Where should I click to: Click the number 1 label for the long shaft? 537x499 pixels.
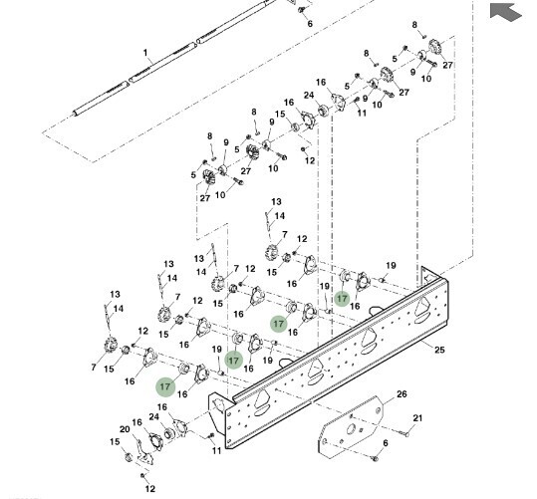(145, 53)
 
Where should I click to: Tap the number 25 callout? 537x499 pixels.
(439, 350)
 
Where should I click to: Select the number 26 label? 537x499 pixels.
(402, 394)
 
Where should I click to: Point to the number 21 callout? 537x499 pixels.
(417, 418)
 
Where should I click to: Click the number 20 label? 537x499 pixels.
(125, 429)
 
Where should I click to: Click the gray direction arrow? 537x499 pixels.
(506, 12)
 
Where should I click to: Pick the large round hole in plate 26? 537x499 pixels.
(351, 428)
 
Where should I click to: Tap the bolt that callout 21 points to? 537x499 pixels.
(404, 434)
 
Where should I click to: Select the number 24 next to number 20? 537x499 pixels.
(154, 416)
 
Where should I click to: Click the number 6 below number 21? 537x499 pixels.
(386, 443)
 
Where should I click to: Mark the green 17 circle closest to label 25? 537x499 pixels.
(342, 299)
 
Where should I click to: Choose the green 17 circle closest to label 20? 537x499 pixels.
(165, 386)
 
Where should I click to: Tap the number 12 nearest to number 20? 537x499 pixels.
(150, 489)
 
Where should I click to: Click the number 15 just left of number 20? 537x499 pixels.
(116, 442)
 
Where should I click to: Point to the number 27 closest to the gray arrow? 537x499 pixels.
(447, 65)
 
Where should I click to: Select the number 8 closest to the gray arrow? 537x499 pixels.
(414, 25)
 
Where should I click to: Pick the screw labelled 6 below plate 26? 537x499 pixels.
(375, 458)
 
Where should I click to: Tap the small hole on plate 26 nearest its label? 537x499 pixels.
(378, 410)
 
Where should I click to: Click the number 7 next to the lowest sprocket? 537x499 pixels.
(94, 368)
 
